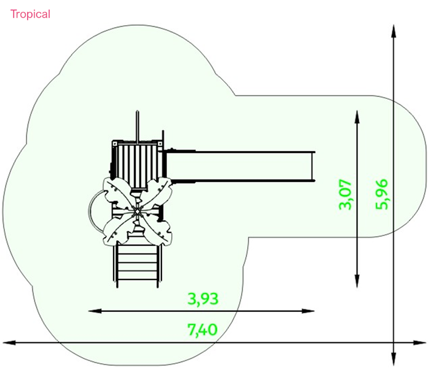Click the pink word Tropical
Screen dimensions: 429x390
(x=31, y=14)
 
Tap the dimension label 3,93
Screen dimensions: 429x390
(x=203, y=299)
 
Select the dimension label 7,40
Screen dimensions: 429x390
(x=203, y=330)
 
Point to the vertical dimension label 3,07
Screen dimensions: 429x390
(x=345, y=194)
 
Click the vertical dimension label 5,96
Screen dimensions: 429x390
(x=382, y=194)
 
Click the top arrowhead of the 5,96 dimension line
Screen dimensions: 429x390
(x=394, y=31)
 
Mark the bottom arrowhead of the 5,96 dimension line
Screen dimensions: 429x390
(x=394, y=359)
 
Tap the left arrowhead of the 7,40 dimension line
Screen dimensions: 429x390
(x=9, y=342)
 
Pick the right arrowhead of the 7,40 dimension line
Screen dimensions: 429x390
(x=419, y=342)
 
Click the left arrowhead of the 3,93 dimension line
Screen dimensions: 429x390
(x=95, y=311)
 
